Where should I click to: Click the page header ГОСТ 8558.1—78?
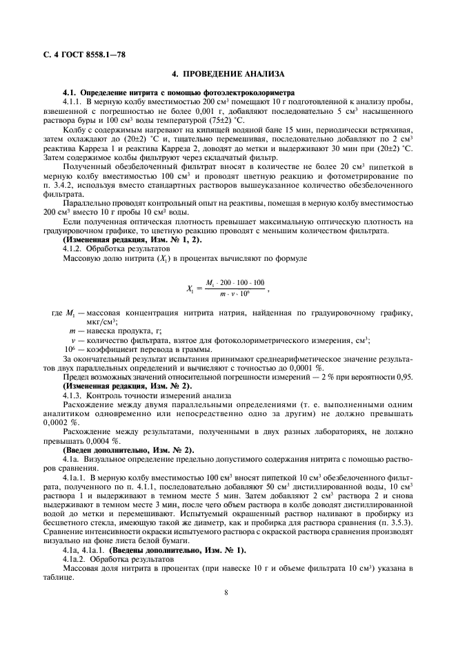87,54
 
